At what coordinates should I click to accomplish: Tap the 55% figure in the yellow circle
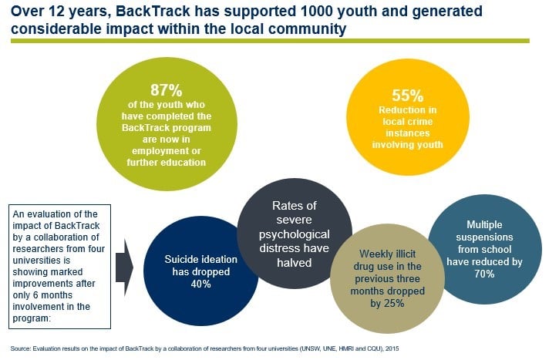pyautogui.click(x=406, y=97)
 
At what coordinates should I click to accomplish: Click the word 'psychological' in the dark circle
pyautogui.click(x=293, y=234)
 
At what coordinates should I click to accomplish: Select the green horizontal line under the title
pyautogui.click(x=270, y=40)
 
